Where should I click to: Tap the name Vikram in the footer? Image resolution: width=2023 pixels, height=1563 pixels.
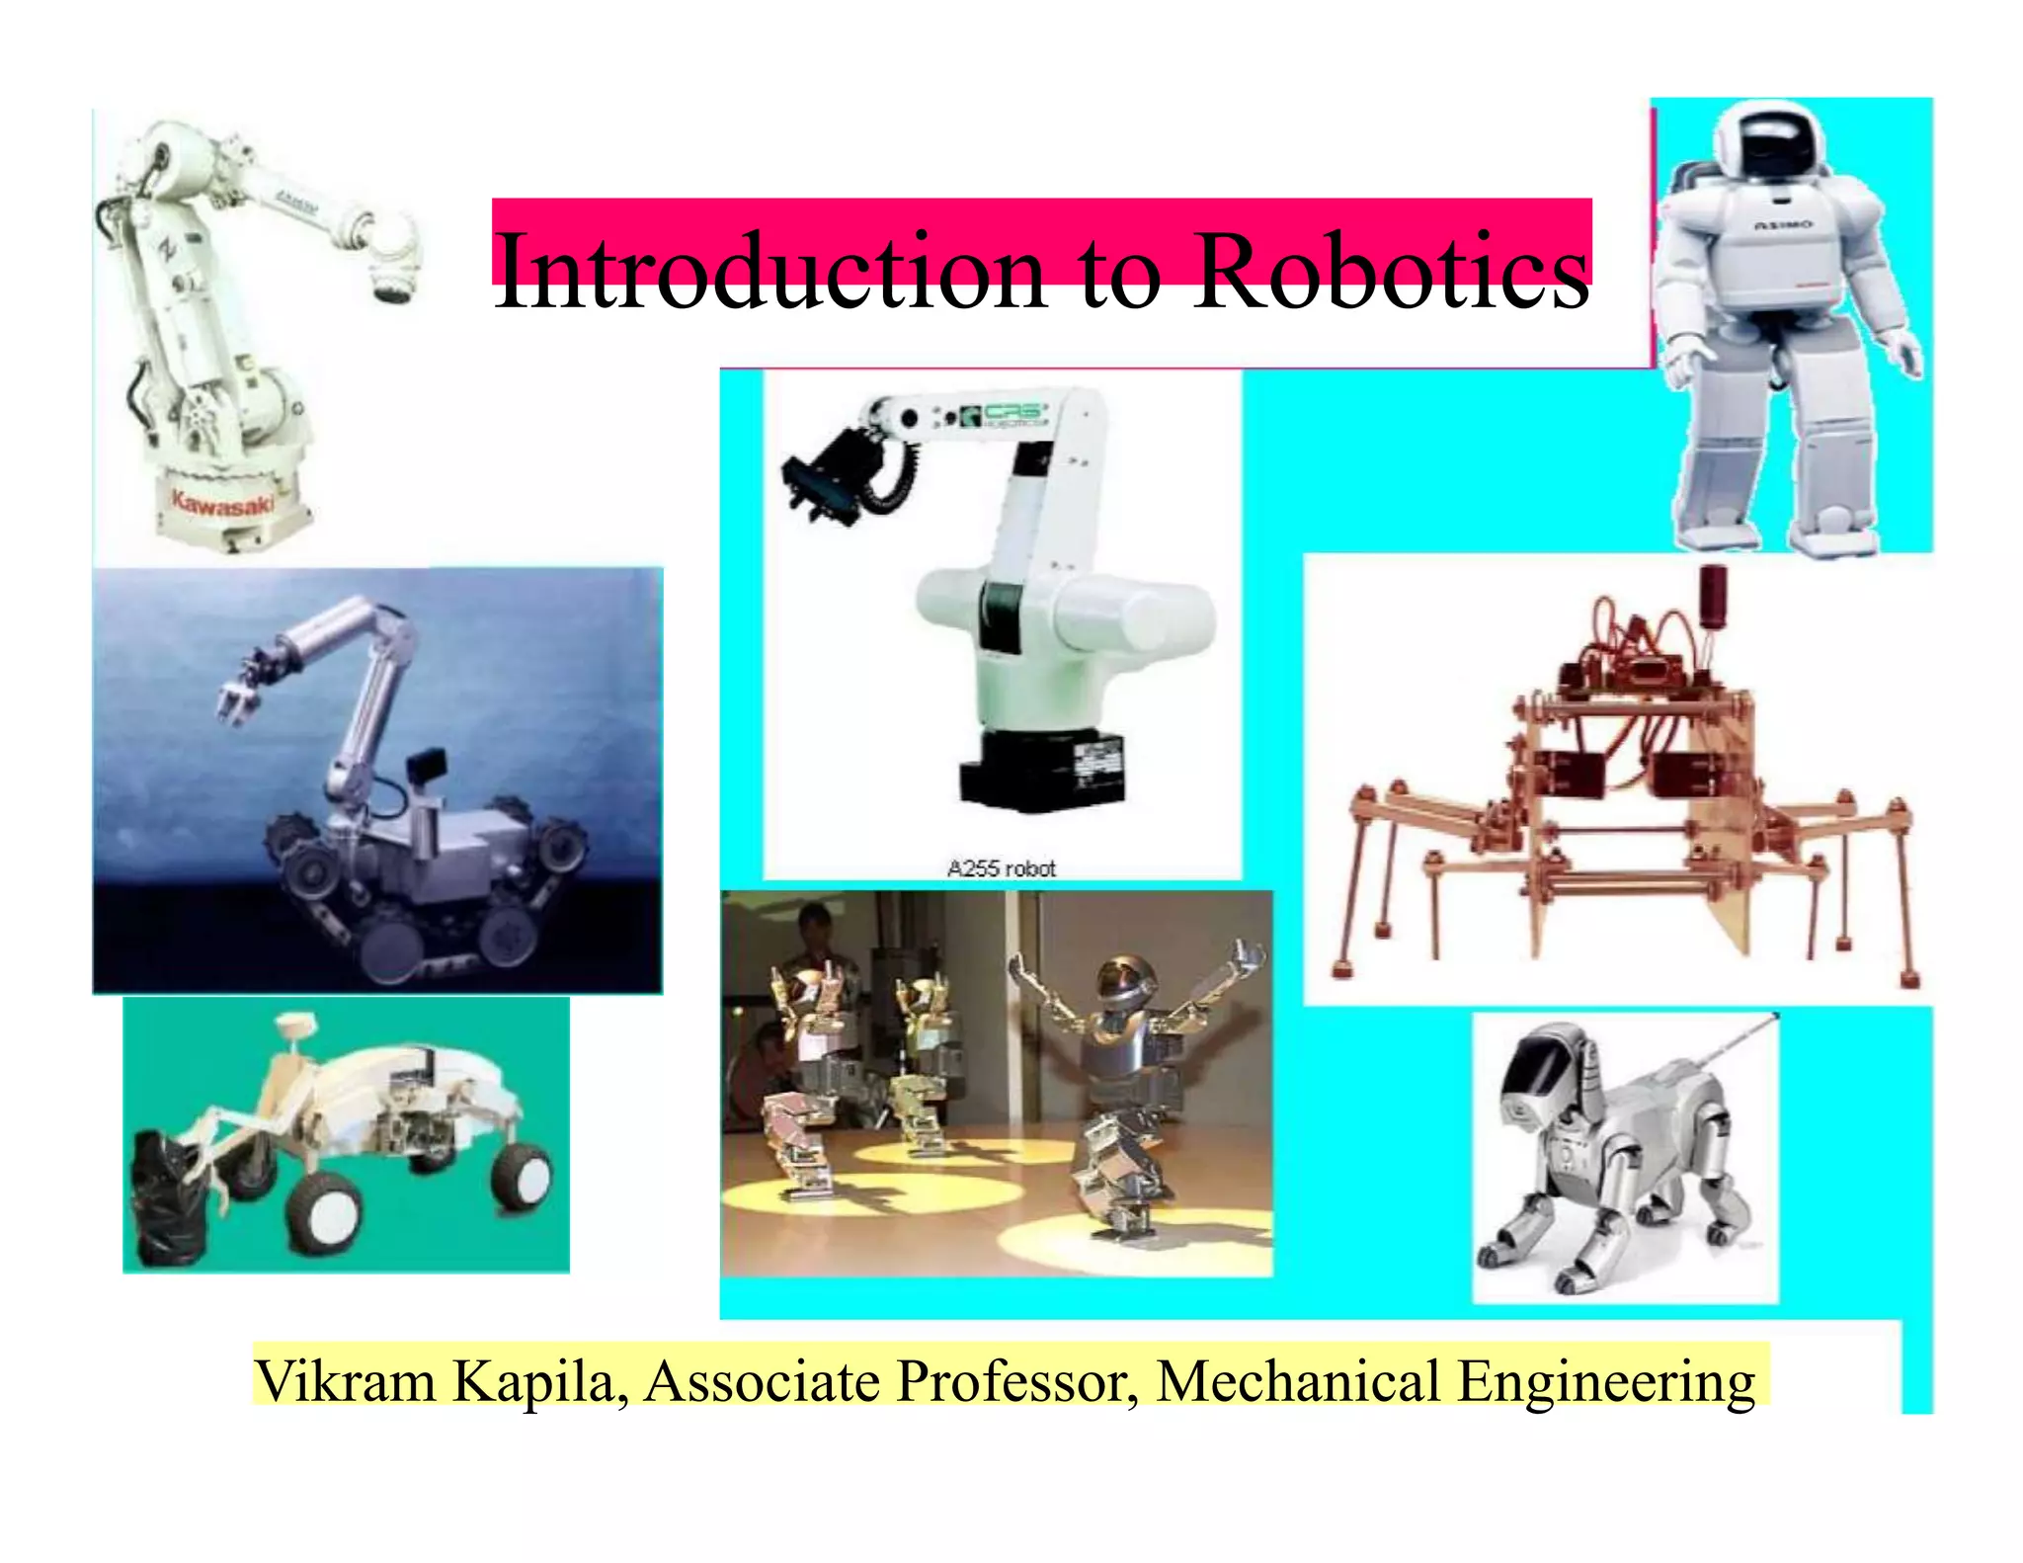click(x=345, y=1380)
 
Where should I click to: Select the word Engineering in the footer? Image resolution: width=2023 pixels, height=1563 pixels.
click(x=1605, y=1382)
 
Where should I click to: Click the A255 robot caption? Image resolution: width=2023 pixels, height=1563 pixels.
click(x=1001, y=868)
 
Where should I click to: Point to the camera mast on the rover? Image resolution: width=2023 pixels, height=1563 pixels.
click(x=294, y=1032)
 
